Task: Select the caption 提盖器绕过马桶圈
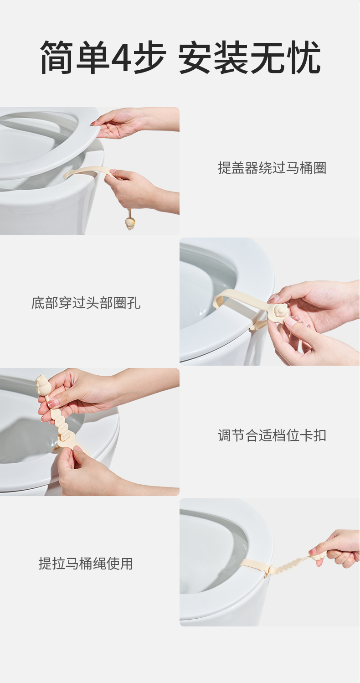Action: [x=272, y=168]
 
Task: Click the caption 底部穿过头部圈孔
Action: [x=86, y=303]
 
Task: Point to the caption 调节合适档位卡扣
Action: [x=272, y=435]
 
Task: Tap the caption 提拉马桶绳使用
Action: [x=86, y=564]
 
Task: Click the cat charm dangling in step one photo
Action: [x=129, y=223]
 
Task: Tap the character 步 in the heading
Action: [x=150, y=57]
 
